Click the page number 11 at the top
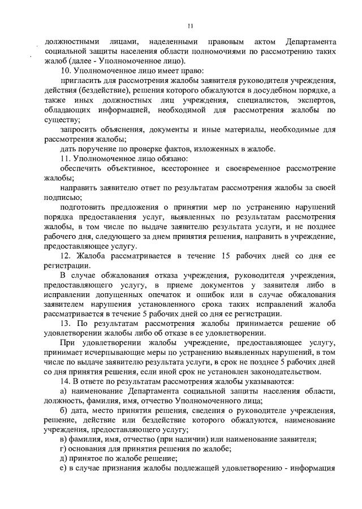tap(191, 25)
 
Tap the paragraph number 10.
tap(64, 71)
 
